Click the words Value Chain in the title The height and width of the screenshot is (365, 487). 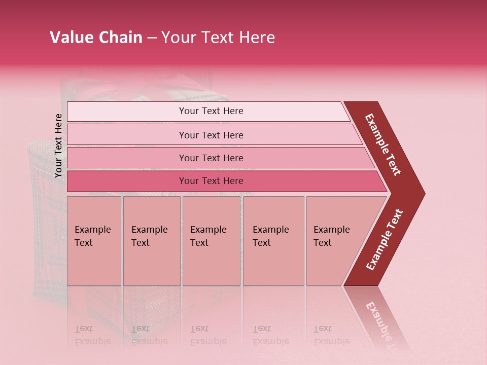pos(96,38)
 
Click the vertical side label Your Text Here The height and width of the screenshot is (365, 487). pos(58,145)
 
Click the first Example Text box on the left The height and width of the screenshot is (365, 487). pos(94,241)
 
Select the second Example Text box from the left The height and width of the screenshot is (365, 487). pos(152,241)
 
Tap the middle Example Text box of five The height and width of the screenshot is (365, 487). pos(211,241)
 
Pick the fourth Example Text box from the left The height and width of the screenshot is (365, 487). pos(273,241)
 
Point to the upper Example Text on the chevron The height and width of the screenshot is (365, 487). pos(384,144)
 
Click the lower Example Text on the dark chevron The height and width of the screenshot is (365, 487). pos(385,240)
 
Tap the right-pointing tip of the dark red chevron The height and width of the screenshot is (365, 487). pos(421,193)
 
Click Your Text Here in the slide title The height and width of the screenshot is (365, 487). pos(218,38)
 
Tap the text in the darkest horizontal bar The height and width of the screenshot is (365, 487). pos(211,181)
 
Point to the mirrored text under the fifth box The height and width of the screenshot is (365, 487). pos(332,335)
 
